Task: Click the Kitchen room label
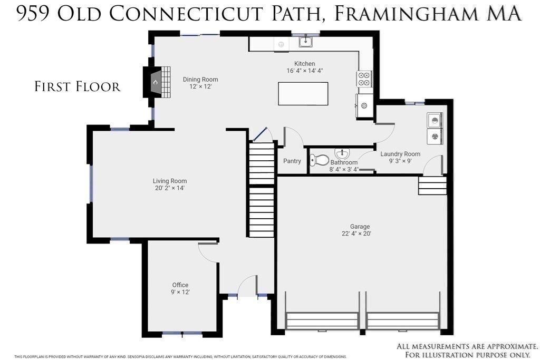(304, 64)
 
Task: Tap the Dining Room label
(200, 80)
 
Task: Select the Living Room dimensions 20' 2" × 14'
(170, 188)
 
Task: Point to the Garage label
(360, 227)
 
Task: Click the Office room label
(180, 285)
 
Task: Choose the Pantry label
(292, 161)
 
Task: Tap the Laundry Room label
(400, 154)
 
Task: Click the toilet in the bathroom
(319, 160)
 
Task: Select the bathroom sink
(342, 153)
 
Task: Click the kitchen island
(303, 94)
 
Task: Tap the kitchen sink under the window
(305, 42)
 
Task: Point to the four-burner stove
(364, 79)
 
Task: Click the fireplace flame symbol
(156, 82)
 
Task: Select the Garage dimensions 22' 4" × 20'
(356, 233)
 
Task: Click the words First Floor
(78, 86)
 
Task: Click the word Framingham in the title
(403, 13)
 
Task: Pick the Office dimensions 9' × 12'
(180, 292)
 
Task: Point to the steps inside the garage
(432, 186)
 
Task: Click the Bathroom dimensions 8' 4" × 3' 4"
(344, 169)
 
